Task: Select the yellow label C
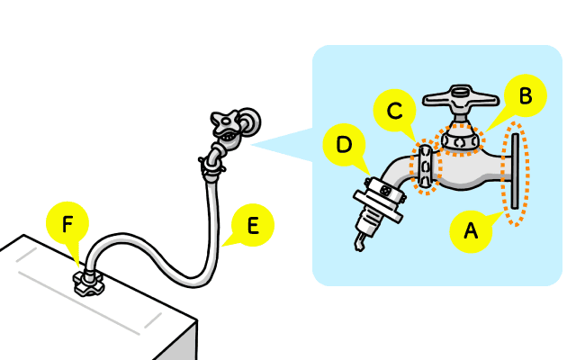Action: point(393,112)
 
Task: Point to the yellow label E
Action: point(252,225)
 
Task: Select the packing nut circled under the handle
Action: point(459,139)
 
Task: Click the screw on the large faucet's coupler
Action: point(387,189)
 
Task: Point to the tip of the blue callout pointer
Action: point(250,143)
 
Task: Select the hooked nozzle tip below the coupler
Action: point(359,242)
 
